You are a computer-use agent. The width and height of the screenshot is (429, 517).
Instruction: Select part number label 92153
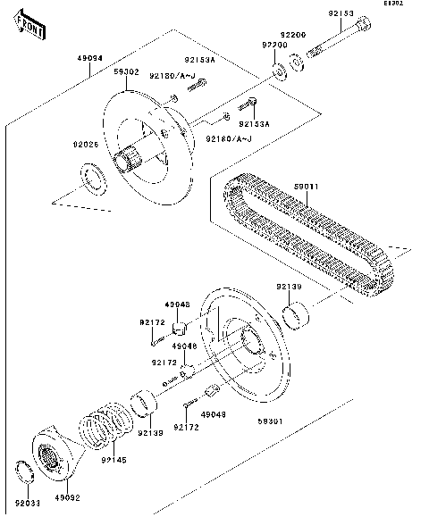pyautogui.click(x=341, y=14)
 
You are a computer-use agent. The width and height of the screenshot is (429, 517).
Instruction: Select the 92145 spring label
pyautogui.click(x=114, y=460)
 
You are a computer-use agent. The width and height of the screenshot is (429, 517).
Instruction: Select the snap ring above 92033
pyautogui.click(x=28, y=470)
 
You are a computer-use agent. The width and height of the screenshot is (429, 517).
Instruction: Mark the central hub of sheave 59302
pyautogui.click(x=132, y=159)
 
